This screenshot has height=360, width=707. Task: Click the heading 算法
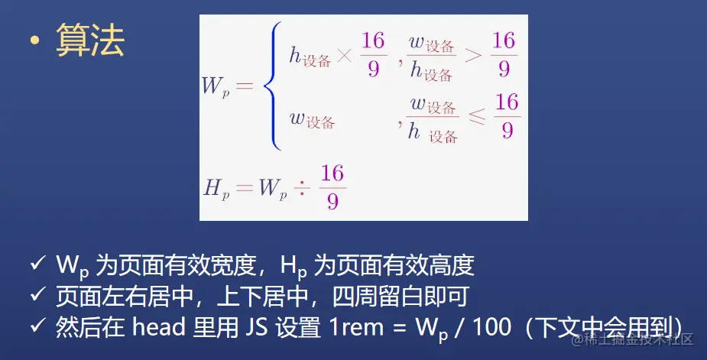pyautogui.click(x=90, y=42)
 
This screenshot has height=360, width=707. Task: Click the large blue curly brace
pyautogui.click(x=268, y=86)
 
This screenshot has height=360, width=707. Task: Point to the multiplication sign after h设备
pyautogui.click(x=345, y=56)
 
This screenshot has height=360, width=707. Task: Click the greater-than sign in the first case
pyautogui.click(x=473, y=56)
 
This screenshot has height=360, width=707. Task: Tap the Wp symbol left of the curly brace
pyautogui.click(x=216, y=86)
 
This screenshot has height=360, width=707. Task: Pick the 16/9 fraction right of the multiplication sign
pyautogui.click(x=373, y=54)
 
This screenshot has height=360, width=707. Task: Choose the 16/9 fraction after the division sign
pyautogui.click(x=332, y=186)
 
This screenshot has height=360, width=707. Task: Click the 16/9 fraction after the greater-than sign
pyautogui.click(x=504, y=54)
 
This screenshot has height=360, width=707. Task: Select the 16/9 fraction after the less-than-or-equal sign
pyautogui.click(x=507, y=116)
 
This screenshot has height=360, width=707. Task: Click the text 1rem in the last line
pyautogui.click(x=358, y=327)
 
